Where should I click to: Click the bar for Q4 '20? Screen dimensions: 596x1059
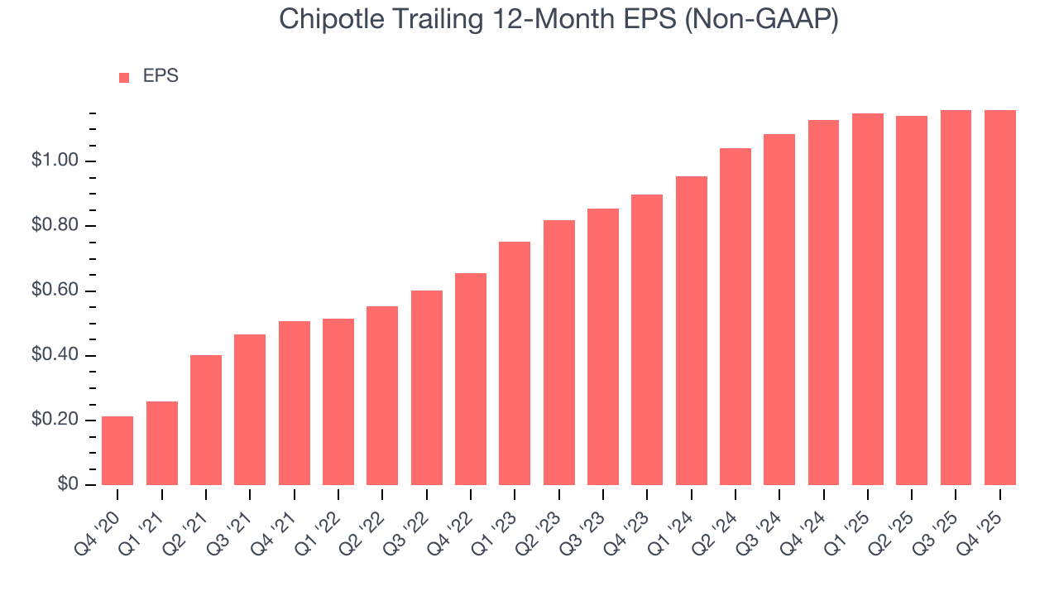tap(117, 450)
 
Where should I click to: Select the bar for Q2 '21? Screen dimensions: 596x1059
tap(206, 420)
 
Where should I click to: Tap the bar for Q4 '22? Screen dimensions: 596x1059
tap(471, 379)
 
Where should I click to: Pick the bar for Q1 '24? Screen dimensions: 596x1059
tap(692, 330)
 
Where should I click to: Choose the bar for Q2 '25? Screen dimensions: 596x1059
tap(912, 300)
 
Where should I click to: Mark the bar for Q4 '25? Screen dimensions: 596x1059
tap(1000, 297)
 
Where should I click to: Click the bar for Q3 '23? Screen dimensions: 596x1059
tap(603, 347)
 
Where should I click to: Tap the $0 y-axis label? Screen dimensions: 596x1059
tap(68, 485)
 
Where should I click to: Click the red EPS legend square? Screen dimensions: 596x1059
tap(124, 77)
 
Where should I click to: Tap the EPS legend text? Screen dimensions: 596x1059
tap(161, 76)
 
